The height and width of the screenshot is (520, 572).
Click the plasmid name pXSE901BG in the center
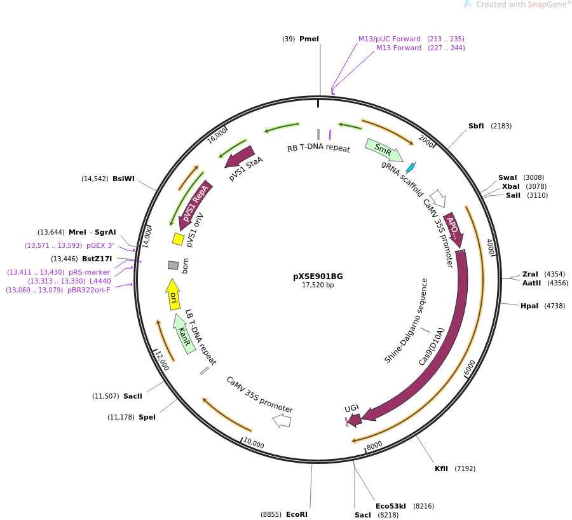(318, 277)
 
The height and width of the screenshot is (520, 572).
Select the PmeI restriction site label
(309, 39)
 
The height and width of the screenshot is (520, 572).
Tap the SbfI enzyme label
(476, 126)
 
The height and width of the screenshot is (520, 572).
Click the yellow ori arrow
(173, 295)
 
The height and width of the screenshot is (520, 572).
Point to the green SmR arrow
(383, 150)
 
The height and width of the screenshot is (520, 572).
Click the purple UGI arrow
(355, 420)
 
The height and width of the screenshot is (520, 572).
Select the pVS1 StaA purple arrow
(240, 157)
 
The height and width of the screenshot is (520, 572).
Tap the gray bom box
(174, 265)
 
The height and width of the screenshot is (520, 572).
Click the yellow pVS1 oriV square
(179, 239)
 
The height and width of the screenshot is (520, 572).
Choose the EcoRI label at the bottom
(296, 514)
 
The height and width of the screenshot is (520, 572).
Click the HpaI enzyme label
(529, 306)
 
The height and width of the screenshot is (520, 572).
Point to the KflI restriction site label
(441, 469)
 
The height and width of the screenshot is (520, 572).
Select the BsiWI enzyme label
(123, 179)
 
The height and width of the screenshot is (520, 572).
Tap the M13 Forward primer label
(398, 48)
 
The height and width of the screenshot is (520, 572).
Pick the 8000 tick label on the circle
(374, 445)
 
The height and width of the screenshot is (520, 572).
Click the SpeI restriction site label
(147, 417)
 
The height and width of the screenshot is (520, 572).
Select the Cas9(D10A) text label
(432, 346)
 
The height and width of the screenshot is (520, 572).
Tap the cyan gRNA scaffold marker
(411, 167)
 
